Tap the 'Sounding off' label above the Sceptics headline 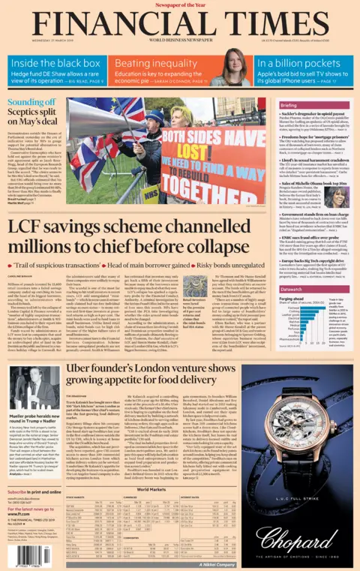coord(31,101)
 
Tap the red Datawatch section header coord(293,288)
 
